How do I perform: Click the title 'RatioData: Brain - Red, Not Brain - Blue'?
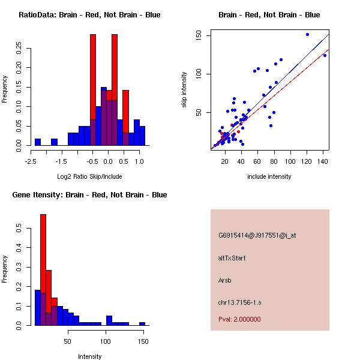pos(89,15)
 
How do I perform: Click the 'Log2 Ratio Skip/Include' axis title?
pos(89,176)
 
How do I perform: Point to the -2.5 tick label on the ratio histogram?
pos(31,161)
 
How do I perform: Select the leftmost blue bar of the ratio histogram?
pos(37,142)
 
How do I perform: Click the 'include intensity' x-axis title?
pos(269,176)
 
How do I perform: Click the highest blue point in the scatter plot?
pos(307,34)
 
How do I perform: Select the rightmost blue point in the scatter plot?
pos(325,55)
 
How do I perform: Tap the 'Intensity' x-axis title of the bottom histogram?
pos(89,356)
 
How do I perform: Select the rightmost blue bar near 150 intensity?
pos(142,323)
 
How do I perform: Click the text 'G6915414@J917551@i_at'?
pos(257,235)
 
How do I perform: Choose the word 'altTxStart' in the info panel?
pos(232,258)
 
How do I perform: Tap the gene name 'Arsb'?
pos(225,280)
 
